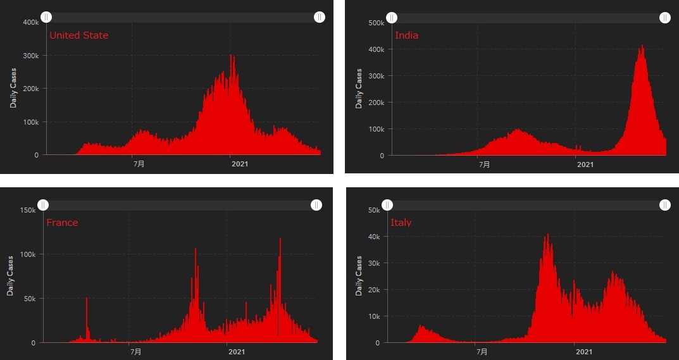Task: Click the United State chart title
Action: pyautogui.click(x=78, y=35)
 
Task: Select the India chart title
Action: pyautogui.click(x=406, y=35)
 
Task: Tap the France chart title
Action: pyautogui.click(x=62, y=223)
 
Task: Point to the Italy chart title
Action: pyautogui.click(x=401, y=223)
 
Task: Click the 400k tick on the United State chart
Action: pyautogui.click(x=30, y=23)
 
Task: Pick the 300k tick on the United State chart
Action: pyautogui.click(x=30, y=56)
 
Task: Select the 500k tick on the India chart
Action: pyautogui.click(x=376, y=23)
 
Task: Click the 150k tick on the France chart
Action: pyautogui.click(x=27, y=210)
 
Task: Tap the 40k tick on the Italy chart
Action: pyautogui.click(x=373, y=237)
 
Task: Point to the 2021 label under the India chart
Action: pyautogui.click(x=585, y=164)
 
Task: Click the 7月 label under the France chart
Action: pyautogui.click(x=135, y=352)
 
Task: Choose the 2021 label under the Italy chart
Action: pyautogui.click(x=583, y=352)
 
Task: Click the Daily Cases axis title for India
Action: pyautogui.click(x=359, y=89)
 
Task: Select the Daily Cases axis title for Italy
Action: pyautogui.click(x=359, y=276)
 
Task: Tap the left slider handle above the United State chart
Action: pyautogui.click(x=46, y=17)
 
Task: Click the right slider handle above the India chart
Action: pyautogui.click(x=664, y=18)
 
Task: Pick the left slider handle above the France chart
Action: pyautogui.click(x=43, y=205)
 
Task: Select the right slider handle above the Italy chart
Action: pyautogui.click(x=665, y=205)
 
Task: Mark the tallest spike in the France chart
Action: pyautogui.click(x=280, y=239)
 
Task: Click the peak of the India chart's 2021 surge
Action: pyautogui.click(x=642, y=46)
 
